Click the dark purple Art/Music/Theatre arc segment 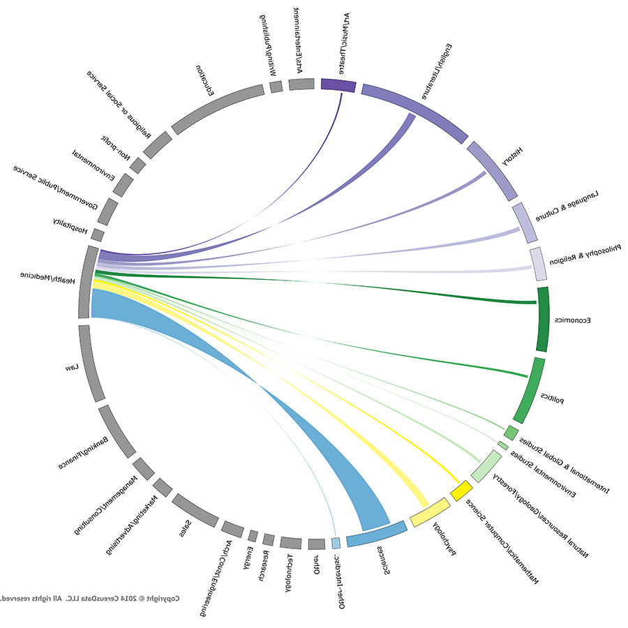pos(338,85)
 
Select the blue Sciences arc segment pos(377,534)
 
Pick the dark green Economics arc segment pos(543,319)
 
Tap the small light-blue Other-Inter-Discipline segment pos(336,542)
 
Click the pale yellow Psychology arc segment pos(429,513)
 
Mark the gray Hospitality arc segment pos(98,235)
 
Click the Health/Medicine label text pos(48,276)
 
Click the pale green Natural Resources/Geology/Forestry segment pos(486,466)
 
